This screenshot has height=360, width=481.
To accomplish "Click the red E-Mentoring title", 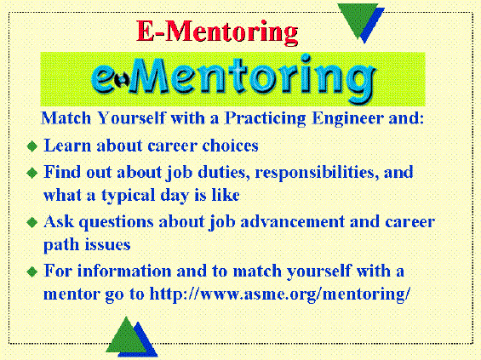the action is tap(217, 32).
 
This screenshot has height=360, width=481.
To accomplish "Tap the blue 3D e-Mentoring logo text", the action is tap(234, 78).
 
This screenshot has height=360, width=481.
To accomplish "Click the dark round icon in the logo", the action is tap(122, 80).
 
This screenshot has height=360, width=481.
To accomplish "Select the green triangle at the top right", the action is tap(358, 19).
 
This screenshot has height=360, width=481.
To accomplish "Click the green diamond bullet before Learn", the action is tap(32, 146).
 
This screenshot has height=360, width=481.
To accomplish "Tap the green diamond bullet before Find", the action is tap(32, 173).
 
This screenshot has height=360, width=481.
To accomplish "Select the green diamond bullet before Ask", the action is tap(32, 222).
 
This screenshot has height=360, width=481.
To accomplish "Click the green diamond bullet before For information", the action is tap(32, 271).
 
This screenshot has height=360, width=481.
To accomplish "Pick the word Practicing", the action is tap(266, 118).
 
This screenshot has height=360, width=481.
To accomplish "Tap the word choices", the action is tap(230, 146).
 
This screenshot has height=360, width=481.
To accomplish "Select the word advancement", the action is tap(292, 221).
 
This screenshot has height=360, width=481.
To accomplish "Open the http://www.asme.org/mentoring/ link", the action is tap(279, 294).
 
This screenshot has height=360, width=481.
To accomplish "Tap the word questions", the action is tap(117, 222).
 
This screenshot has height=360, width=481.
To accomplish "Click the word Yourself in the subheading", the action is tap(132, 118).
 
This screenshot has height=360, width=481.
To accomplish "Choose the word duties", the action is tap(222, 172).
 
